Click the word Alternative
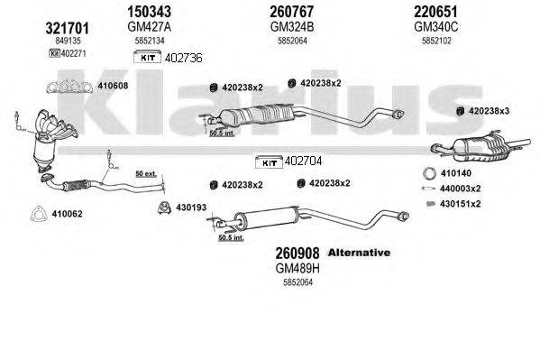(x=358, y=253)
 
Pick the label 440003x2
(x=462, y=188)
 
